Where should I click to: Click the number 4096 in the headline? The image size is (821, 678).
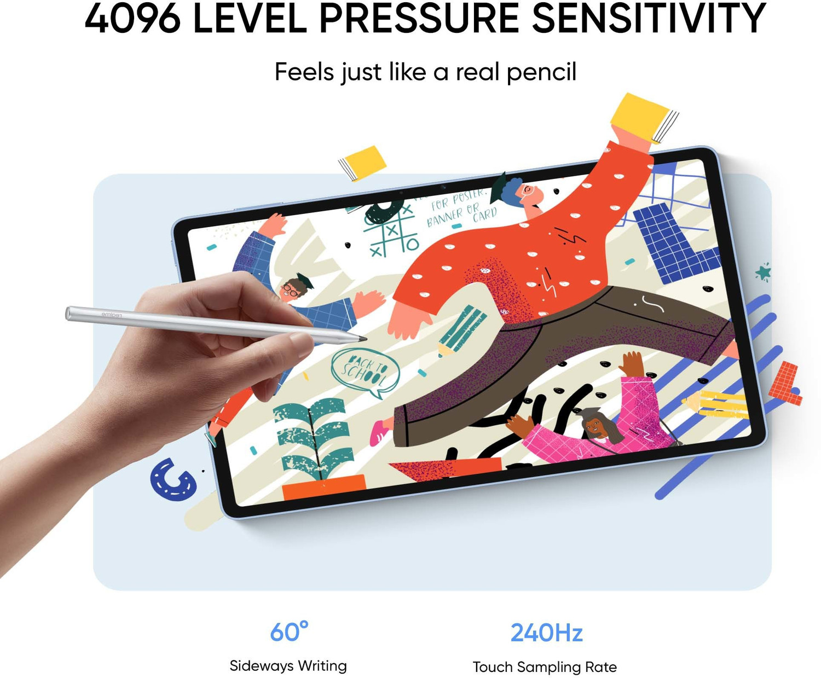pyautogui.click(x=132, y=20)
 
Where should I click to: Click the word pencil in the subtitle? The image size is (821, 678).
pyautogui.click(x=541, y=72)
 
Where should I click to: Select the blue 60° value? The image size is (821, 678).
pyautogui.click(x=289, y=633)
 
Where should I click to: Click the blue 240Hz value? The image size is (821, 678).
pyautogui.click(x=546, y=633)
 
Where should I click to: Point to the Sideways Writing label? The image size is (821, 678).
pyautogui.click(x=288, y=666)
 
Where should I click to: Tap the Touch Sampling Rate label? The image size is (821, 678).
pyautogui.click(x=545, y=667)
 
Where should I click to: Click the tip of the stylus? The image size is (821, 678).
pyautogui.click(x=365, y=340)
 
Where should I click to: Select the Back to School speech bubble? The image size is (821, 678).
pyautogui.click(x=365, y=371)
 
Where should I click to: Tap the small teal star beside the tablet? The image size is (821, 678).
pyautogui.click(x=763, y=271)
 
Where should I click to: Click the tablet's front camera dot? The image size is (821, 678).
pyautogui.click(x=401, y=193)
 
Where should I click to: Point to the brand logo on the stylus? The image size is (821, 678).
pyautogui.click(x=112, y=315)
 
